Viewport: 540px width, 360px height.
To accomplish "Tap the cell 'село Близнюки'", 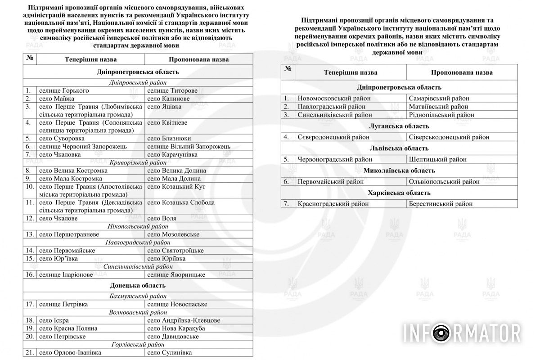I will (169, 139).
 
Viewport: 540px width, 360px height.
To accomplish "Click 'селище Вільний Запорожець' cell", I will (189, 147).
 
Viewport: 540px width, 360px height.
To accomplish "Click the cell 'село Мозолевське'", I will (173, 234).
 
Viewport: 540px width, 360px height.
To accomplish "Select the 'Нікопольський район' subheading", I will (138, 226).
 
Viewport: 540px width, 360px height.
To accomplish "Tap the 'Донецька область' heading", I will (138, 285).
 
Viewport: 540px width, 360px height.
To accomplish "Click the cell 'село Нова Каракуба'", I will (176, 328).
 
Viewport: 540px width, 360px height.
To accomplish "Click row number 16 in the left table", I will (30, 274).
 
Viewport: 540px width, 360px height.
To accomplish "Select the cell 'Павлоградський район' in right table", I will (331, 107).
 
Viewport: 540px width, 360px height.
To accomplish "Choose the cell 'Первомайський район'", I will (330, 182).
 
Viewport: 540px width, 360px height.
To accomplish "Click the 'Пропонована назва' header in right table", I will (461, 72).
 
